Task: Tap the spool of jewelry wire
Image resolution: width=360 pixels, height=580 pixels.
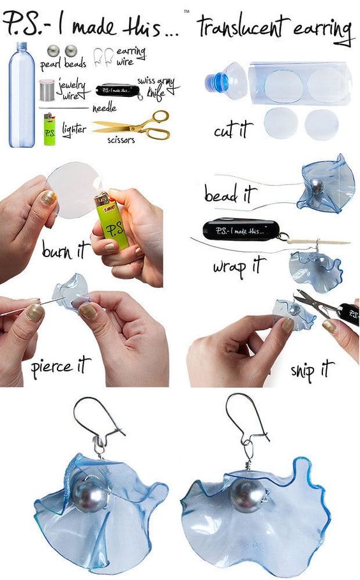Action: coord(47,90)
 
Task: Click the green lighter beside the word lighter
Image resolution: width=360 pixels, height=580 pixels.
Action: coord(49,130)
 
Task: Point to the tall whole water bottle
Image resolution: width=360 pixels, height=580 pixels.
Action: coord(22,94)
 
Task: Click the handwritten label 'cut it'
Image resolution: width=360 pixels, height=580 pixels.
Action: coord(234,130)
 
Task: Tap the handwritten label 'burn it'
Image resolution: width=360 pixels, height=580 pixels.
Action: coord(66,249)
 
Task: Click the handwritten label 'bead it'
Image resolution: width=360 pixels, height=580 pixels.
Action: coord(230,193)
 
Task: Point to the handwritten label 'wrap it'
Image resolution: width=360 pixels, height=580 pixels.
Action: coord(239,266)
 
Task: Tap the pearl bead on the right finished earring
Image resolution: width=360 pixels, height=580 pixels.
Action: coord(247,496)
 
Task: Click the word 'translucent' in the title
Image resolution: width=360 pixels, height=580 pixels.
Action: coord(243,27)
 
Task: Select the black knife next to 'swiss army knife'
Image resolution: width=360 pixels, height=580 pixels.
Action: coord(118,90)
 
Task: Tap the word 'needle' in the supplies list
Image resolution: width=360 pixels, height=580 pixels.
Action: coord(104,108)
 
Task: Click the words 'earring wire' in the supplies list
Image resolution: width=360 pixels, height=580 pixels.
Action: coord(131,56)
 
